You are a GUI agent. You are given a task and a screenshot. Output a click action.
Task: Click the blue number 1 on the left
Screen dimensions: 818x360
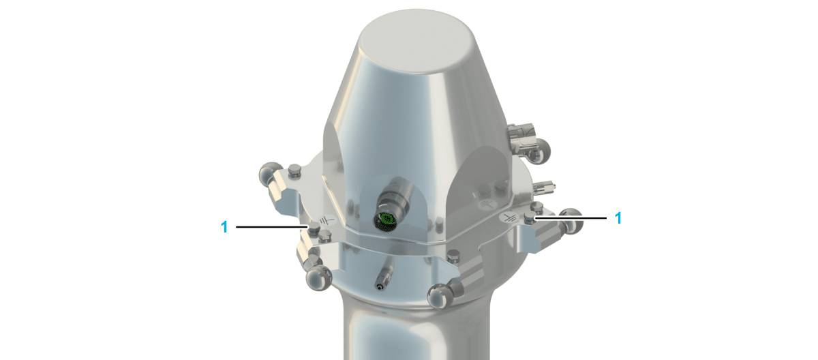pos(224,227)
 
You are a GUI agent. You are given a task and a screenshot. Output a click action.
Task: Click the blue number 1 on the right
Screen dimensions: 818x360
pos(618,218)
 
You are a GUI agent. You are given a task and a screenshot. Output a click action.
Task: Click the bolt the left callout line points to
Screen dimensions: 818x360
pos(314,229)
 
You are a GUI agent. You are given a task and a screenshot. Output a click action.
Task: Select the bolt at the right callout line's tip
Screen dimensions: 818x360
pos(530,217)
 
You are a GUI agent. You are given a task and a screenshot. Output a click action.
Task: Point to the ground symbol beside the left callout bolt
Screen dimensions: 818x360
pos(327,220)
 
